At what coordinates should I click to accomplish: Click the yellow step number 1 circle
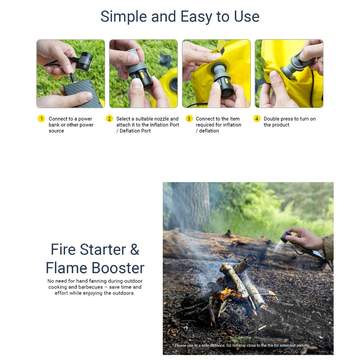pyautogui.click(x=41, y=119)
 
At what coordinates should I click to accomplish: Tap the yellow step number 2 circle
pyautogui.click(x=110, y=119)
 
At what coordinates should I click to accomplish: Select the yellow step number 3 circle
pyautogui.click(x=189, y=119)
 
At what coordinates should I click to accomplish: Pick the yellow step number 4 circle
pyautogui.click(x=257, y=119)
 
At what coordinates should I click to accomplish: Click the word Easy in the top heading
pyautogui.click(x=196, y=17)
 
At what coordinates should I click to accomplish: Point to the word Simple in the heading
pyautogui.click(x=123, y=17)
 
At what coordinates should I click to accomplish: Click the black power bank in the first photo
pyautogui.click(x=83, y=93)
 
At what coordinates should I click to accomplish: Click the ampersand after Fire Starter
pyautogui.click(x=135, y=250)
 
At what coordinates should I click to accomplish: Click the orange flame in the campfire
pyautogui.click(x=226, y=294)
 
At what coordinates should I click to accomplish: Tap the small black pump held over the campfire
pyautogui.click(x=286, y=237)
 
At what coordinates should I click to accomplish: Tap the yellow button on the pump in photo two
pyautogui.click(x=142, y=75)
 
